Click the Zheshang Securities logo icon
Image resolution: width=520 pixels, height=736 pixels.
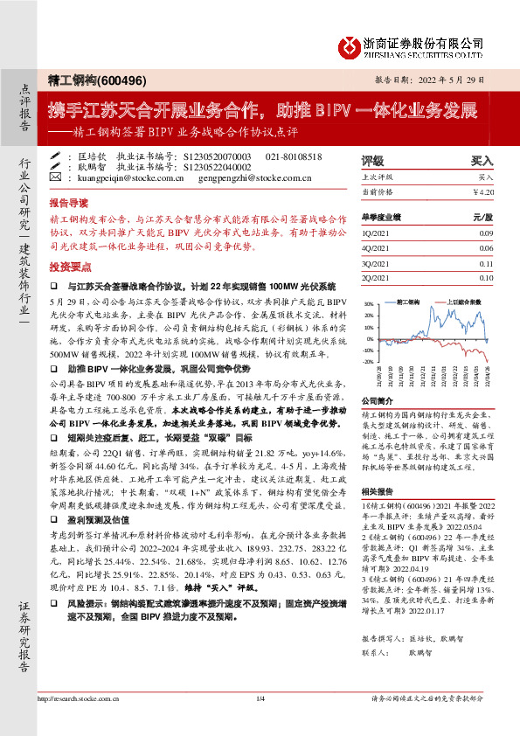[350, 44]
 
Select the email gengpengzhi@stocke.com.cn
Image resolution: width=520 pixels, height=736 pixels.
[261, 177]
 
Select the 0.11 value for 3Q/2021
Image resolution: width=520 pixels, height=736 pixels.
[486, 263]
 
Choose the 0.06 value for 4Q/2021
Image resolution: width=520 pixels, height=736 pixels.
[486, 248]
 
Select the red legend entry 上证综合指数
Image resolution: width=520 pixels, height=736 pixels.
[463, 301]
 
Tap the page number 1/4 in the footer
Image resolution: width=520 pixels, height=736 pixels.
[260, 722]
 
